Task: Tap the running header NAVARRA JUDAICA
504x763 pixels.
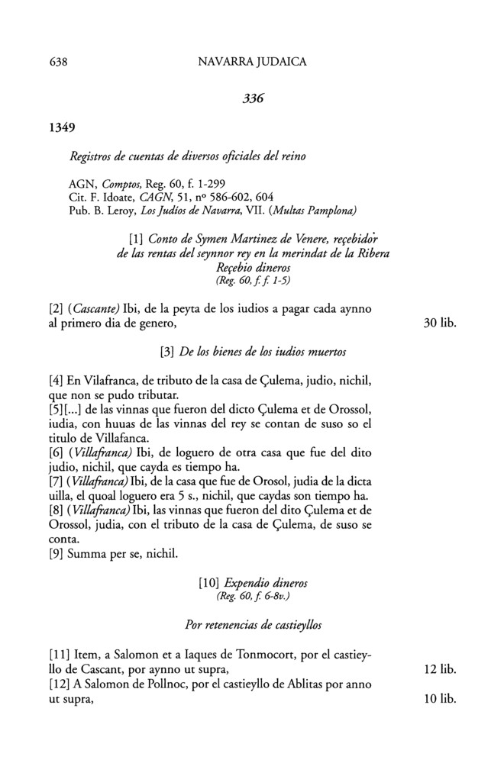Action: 252,63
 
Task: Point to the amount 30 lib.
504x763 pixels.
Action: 439,323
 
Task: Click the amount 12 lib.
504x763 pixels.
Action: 439,669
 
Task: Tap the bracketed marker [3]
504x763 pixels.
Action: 167,353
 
